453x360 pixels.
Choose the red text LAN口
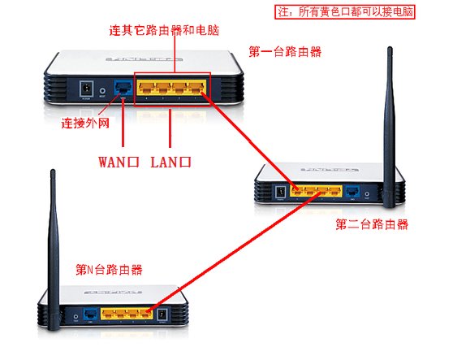click(170, 162)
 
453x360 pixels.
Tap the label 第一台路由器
click(285, 52)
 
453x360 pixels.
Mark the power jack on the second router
click(281, 193)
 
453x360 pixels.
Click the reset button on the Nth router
click(75, 314)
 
